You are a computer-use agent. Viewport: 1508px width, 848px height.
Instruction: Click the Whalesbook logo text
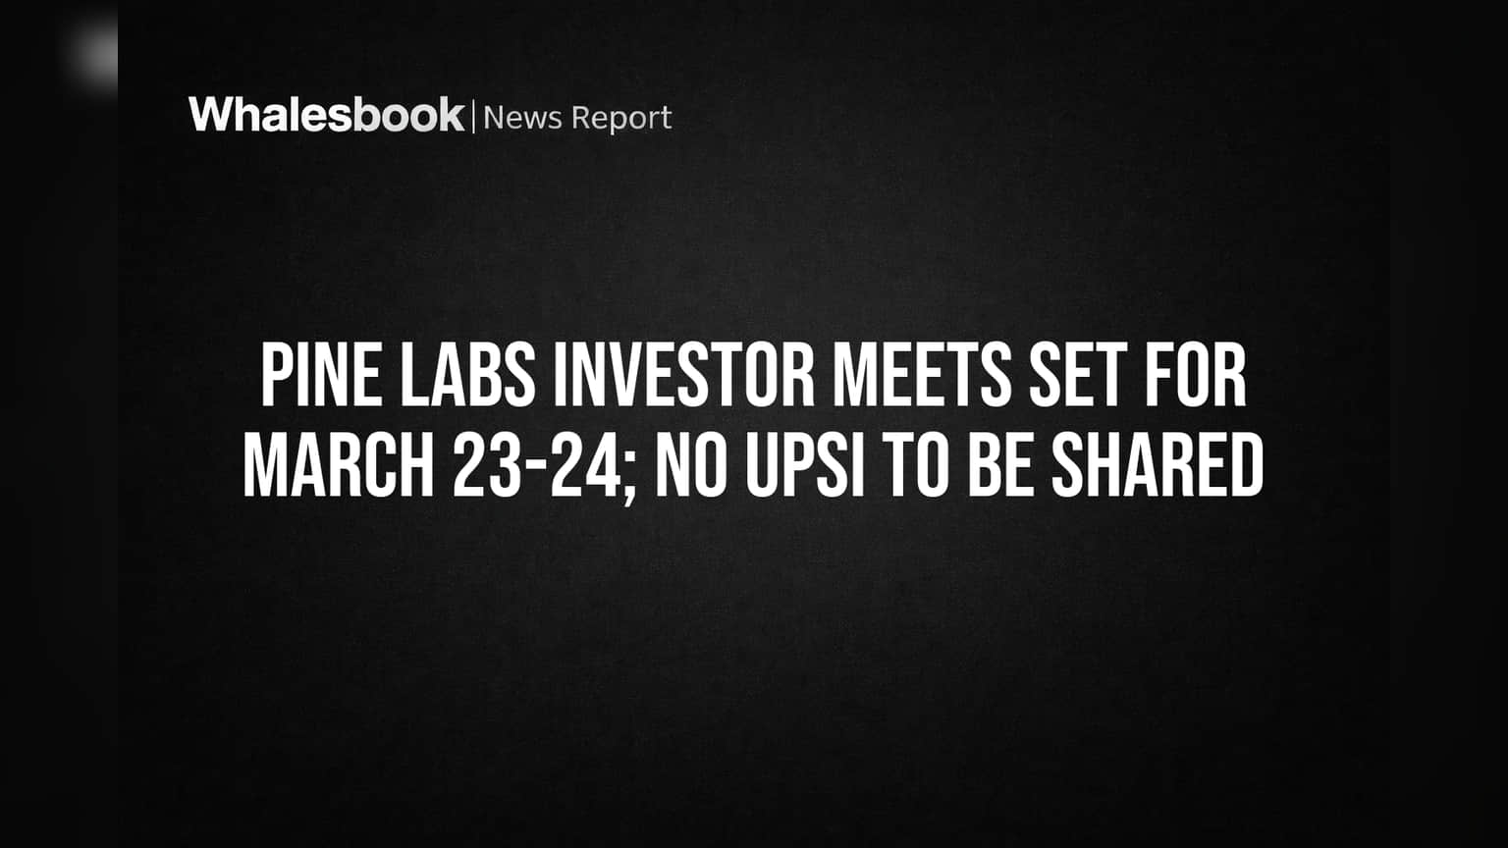pyautogui.click(x=327, y=115)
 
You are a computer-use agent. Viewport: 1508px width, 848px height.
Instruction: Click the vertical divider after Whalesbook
pyautogui.click(x=474, y=117)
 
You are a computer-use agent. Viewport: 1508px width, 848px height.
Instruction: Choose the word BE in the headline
pyautogui.click(x=1001, y=466)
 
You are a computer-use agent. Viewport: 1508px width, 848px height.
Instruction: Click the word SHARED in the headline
pyautogui.click(x=1158, y=466)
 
